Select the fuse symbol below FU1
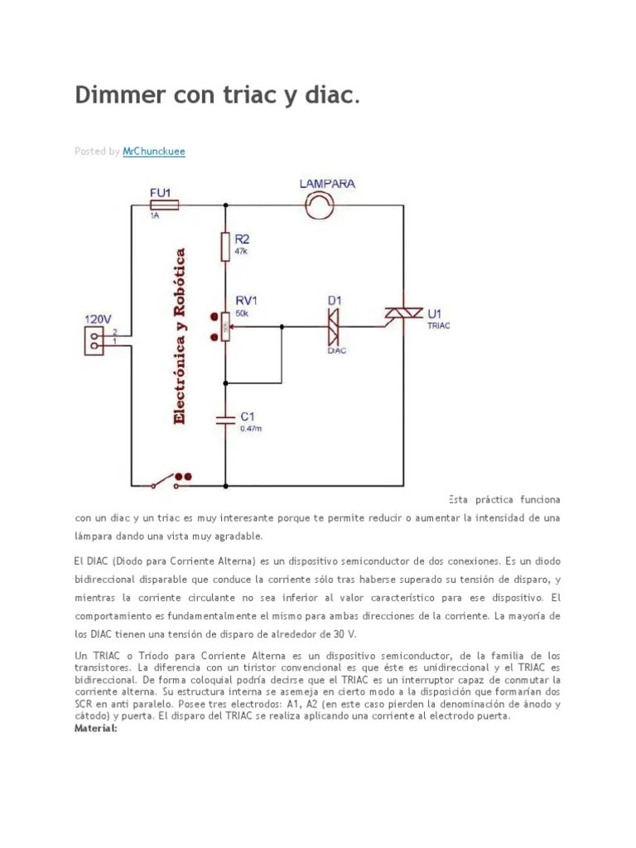tap(163, 204)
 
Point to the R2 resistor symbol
tap(225, 247)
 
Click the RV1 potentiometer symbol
tap(225, 326)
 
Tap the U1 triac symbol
tap(403, 314)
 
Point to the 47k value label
tap(242, 251)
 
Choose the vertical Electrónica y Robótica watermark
tap(180, 335)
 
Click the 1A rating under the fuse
tap(154, 215)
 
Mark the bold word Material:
tap(96, 728)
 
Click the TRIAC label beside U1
tap(438, 326)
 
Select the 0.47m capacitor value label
tap(251, 428)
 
